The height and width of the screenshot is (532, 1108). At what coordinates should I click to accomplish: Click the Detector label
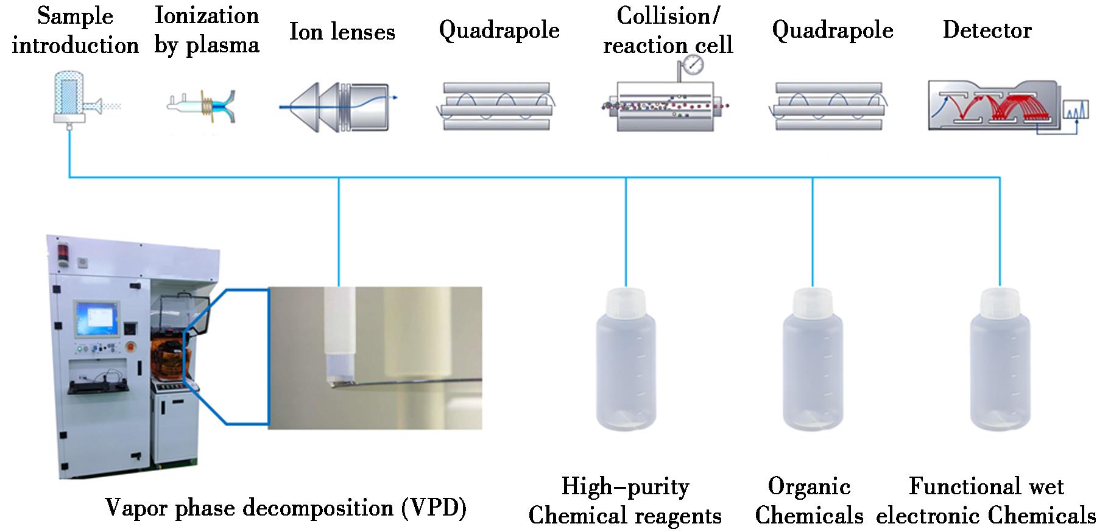987,30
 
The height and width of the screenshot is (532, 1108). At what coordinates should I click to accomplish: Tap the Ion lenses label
342,32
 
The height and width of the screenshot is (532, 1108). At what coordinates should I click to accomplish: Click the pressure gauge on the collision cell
693,64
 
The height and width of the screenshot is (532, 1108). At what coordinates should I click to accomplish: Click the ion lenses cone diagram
335,106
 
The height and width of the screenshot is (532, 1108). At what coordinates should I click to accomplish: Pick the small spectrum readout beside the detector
1075,110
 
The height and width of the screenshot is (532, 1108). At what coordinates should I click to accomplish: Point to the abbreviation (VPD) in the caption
434,507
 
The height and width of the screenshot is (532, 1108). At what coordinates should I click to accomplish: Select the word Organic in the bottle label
809,486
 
